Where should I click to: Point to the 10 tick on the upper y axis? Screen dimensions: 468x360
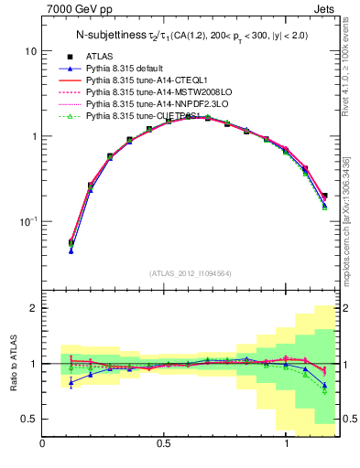click(x=29, y=51)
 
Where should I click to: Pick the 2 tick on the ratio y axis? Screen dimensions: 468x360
click(x=32, y=308)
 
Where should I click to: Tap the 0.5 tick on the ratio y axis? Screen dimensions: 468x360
click(x=28, y=419)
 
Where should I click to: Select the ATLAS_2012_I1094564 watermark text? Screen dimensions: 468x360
click(x=190, y=272)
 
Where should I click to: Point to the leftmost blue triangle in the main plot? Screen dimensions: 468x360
click(x=71, y=250)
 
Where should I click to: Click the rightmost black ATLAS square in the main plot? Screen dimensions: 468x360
click(x=324, y=195)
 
